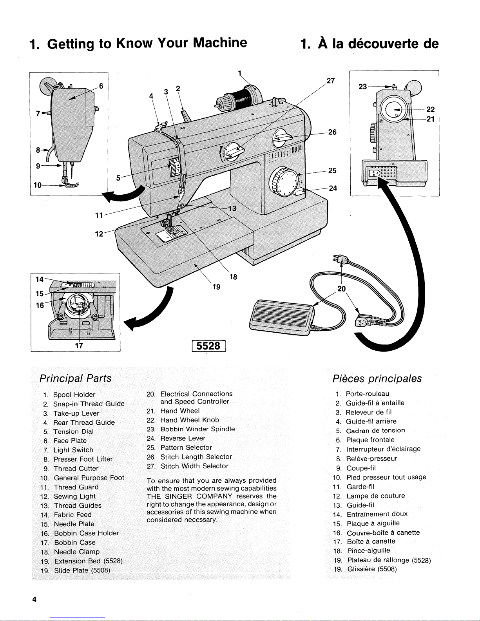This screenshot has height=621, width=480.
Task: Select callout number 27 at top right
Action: click(x=330, y=81)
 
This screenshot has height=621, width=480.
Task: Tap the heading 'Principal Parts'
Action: click(x=75, y=378)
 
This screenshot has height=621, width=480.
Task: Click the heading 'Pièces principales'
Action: click(x=377, y=378)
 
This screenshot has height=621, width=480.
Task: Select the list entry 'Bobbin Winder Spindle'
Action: click(x=198, y=429)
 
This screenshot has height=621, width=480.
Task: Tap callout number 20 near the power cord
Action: click(x=342, y=289)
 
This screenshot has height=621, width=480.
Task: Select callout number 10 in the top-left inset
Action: click(x=38, y=185)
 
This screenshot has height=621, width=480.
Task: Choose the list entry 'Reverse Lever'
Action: click(x=183, y=438)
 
